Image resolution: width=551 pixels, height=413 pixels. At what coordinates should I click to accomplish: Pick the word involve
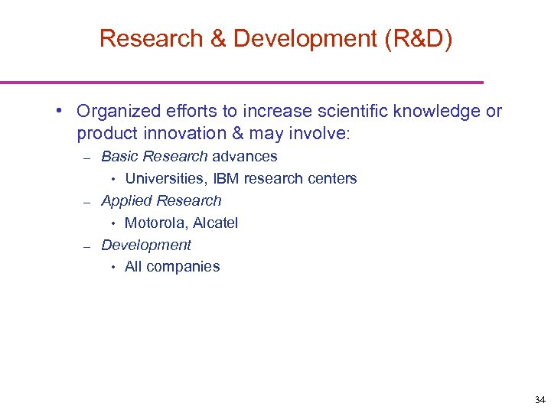[317, 134]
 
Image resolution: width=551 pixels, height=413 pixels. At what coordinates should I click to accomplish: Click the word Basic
[119, 157]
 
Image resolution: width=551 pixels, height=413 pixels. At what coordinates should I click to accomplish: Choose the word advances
[245, 157]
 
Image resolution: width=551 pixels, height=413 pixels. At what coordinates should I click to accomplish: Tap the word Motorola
[156, 223]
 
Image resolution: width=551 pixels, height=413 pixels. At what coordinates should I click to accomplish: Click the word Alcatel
[216, 223]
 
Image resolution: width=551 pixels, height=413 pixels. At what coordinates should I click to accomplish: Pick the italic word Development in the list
[146, 246]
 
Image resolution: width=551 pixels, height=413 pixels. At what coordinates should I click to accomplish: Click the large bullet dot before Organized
[59, 112]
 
